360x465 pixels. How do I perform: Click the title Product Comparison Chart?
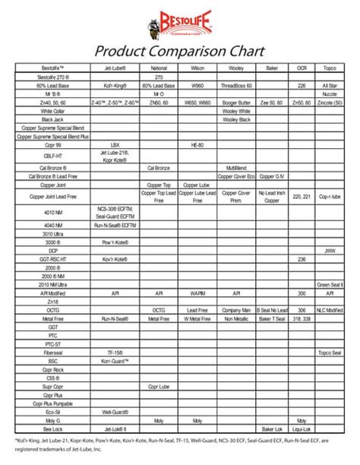tap(180, 52)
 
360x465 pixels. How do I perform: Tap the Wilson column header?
tap(197, 69)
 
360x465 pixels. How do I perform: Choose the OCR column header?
tap(302, 69)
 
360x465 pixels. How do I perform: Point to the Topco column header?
tap(330, 69)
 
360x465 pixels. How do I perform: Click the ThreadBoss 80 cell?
tap(235, 86)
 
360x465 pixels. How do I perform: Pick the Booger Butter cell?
tap(235, 102)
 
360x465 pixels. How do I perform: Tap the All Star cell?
tap(330, 86)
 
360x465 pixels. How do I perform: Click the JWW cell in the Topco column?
tap(330, 250)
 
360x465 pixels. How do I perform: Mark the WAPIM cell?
tap(197, 293)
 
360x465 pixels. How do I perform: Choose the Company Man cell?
tap(235, 310)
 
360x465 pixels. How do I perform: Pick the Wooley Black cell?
tap(235, 119)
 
